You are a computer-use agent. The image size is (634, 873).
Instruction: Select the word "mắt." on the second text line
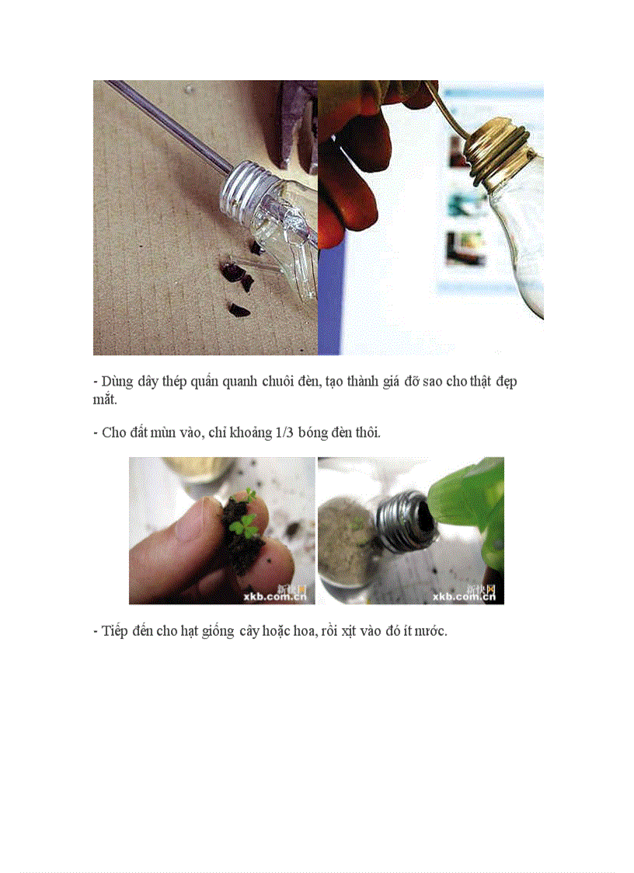pyautogui.click(x=103, y=400)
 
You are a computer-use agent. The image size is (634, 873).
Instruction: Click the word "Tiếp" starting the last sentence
pyautogui.click(x=115, y=631)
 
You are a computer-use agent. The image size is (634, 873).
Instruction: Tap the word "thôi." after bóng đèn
pyautogui.click(x=366, y=432)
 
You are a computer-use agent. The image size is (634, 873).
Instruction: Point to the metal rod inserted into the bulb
pyautogui.click(x=171, y=124)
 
